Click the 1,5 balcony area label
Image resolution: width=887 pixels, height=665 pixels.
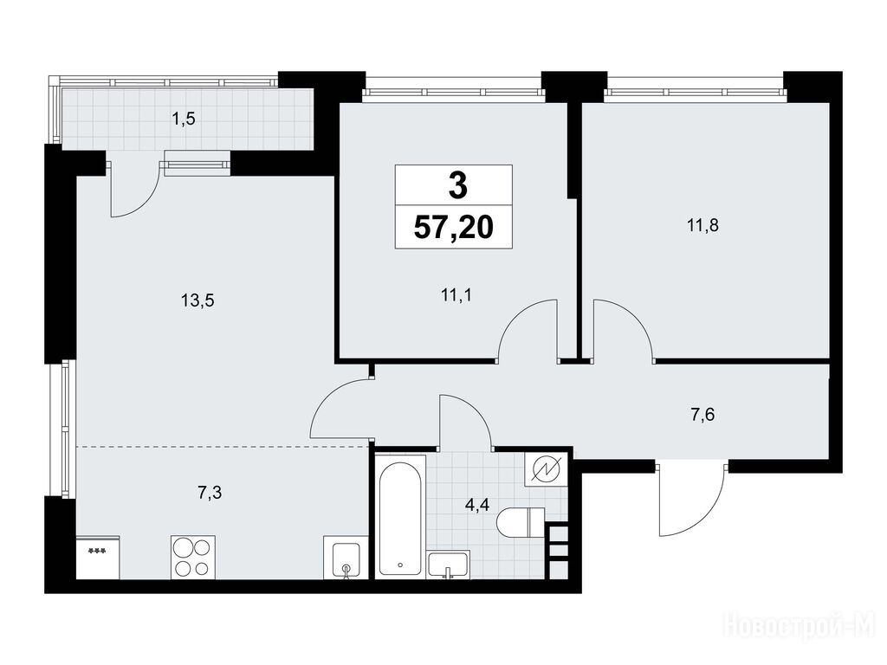(185, 119)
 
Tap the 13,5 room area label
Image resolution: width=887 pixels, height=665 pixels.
(197, 300)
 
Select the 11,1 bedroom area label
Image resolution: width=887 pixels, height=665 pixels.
(456, 294)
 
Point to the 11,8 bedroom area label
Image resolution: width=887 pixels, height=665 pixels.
(702, 225)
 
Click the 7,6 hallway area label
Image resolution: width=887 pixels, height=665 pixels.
(702, 415)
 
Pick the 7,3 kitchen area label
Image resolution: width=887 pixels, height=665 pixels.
(210, 493)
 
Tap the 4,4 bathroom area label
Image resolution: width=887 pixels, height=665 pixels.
(477, 505)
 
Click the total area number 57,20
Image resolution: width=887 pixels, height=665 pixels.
(454, 228)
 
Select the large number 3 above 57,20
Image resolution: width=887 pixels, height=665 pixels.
(457, 186)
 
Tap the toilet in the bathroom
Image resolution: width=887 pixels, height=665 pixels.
(521, 522)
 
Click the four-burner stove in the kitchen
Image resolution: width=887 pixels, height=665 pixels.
(193, 557)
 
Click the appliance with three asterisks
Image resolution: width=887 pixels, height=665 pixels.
(98, 558)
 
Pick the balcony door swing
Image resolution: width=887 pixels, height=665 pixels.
(133, 190)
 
